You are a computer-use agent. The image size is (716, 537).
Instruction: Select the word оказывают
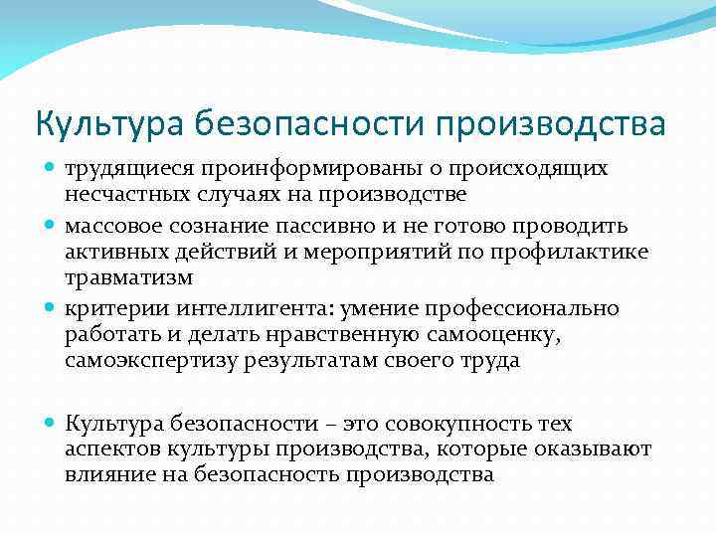tap(596, 448)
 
